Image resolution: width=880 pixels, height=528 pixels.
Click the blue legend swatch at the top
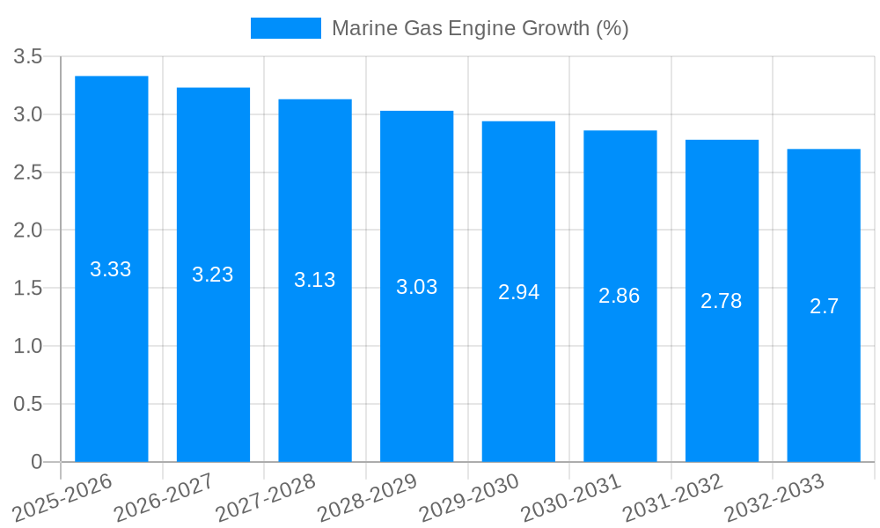[x=286, y=28]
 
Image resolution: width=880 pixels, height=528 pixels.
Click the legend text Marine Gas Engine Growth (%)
[x=480, y=28]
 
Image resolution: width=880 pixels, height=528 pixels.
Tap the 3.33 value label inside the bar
[x=111, y=269]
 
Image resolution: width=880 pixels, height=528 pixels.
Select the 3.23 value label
[x=213, y=275]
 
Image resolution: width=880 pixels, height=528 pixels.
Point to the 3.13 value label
[x=315, y=280]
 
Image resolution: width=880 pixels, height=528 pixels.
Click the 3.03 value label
[x=417, y=287]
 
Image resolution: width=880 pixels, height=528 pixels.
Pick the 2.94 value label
[x=518, y=292]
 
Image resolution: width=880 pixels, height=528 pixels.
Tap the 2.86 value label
[x=620, y=296]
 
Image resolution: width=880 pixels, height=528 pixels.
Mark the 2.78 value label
[x=722, y=301]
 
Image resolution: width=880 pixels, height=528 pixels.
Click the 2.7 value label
[x=824, y=306]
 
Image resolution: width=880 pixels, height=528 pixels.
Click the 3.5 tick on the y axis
[x=28, y=57]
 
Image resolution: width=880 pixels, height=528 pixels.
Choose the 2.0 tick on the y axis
[x=28, y=231]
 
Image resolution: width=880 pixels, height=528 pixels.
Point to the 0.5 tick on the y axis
[x=28, y=404]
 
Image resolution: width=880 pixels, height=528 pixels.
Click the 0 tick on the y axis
[x=36, y=462]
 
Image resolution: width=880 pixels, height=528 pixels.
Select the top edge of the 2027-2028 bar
[x=315, y=100]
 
